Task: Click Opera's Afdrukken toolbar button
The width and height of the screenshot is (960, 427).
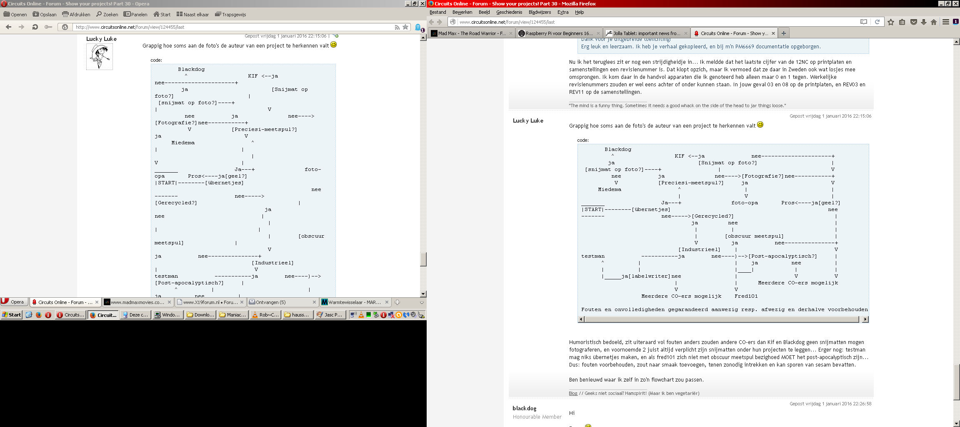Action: coord(76,14)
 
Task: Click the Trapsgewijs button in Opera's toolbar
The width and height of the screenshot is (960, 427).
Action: coord(230,14)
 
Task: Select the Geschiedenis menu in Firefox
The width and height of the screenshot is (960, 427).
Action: coord(509,12)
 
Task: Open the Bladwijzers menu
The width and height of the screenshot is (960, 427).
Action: coord(540,12)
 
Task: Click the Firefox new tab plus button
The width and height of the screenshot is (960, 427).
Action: coord(783,33)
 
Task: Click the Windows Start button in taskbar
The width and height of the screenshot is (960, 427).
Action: coord(12,315)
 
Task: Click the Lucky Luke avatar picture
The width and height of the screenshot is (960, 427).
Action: coord(100,57)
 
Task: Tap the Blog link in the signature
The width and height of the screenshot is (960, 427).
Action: coord(573,393)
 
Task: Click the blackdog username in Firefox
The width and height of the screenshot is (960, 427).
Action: coord(524,408)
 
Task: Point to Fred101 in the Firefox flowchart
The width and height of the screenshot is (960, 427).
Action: coord(746,296)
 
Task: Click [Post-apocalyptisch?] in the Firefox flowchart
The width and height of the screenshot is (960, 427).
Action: coord(782,256)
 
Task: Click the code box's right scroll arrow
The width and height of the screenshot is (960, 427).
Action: coord(865,319)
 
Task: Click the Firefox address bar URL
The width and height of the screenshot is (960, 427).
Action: coord(507,22)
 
